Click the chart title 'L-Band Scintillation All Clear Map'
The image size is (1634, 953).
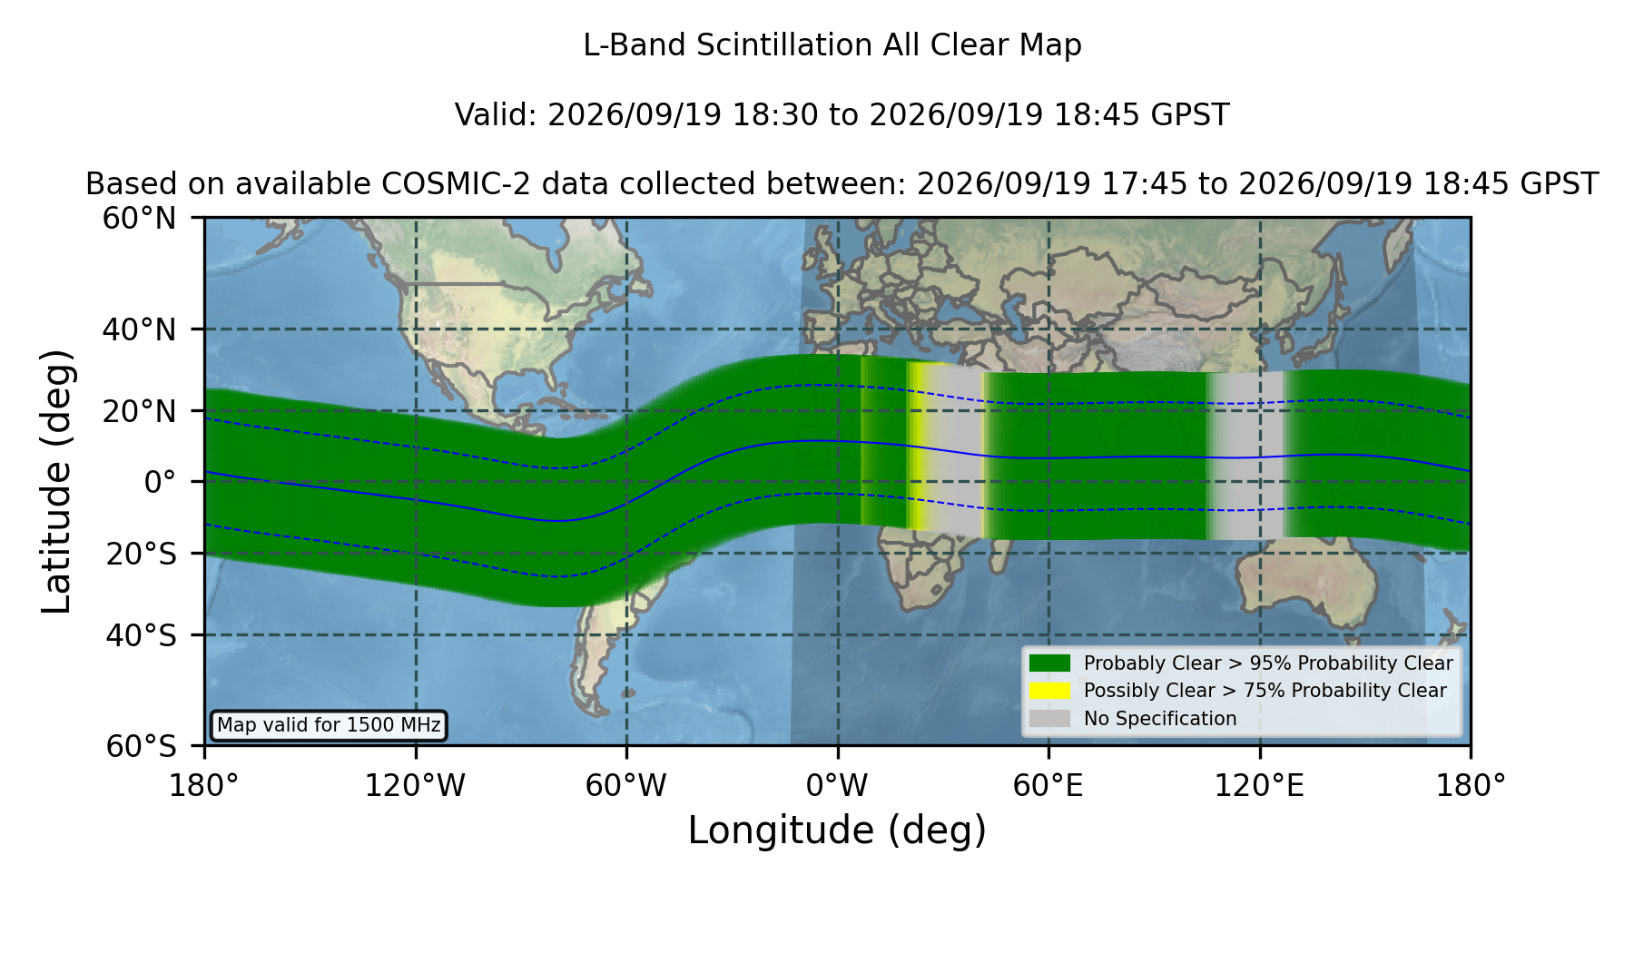[832, 45]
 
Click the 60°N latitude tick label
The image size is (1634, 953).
[139, 219]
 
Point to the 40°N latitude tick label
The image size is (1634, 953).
[139, 329]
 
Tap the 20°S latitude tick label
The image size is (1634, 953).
[141, 554]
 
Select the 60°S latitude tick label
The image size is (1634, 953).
[141, 746]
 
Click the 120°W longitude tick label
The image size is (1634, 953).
[415, 785]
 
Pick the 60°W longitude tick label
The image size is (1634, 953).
[626, 785]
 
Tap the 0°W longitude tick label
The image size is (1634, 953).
[838, 785]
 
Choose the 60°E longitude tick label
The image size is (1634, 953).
[1048, 785]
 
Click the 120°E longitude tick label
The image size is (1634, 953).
[1260, 785]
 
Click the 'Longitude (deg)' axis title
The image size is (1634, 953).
[837, 830]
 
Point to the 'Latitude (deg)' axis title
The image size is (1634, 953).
[56, 481]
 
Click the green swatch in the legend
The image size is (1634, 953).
[1050, 663]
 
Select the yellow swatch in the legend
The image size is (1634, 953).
[1050, 691]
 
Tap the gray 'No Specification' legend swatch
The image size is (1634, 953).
[1050, 719]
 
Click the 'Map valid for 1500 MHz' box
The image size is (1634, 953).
[329, 725]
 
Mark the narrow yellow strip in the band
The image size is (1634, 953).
[918, 446]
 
